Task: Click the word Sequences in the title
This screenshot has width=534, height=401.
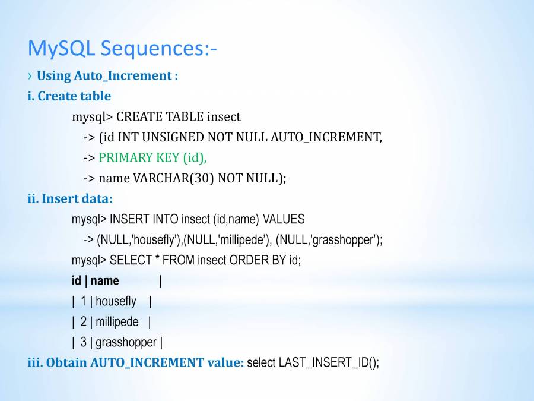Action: pos(158,49)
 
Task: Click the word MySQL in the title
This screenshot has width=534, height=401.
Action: pos(61,49)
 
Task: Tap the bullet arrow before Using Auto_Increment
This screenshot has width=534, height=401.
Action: pos(30,75)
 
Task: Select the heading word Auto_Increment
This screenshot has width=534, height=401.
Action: pos(123,75)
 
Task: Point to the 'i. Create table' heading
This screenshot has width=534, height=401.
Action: pos(69,96)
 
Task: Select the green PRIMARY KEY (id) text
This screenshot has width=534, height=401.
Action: pos(152,157)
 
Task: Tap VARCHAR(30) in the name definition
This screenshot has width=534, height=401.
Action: pos(173,178)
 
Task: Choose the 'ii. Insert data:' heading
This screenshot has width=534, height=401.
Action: pos(70,198)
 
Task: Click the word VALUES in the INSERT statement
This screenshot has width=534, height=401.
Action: pos(284,219)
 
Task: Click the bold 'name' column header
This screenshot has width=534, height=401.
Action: pos(105,281)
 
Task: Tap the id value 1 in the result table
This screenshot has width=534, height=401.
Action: pos(84,301)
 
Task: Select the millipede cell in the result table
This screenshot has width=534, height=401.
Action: pos(117,322)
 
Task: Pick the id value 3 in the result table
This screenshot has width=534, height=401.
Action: pos(84,342)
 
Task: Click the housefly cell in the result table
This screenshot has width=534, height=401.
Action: pos(116,301)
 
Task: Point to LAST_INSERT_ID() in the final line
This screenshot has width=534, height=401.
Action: pos(329,363)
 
